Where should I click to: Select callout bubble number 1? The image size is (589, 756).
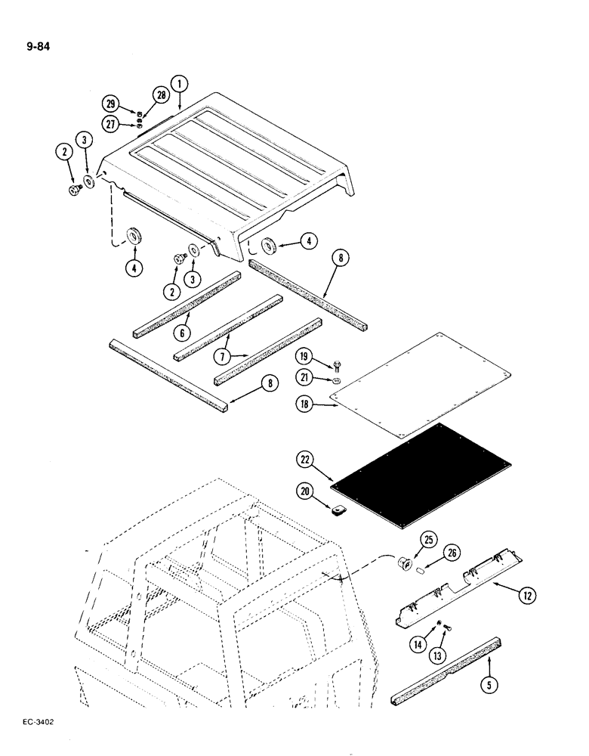click(180, 85)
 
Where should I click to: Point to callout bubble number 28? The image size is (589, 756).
click(159, 95)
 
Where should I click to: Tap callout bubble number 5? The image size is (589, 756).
click(489, 665)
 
